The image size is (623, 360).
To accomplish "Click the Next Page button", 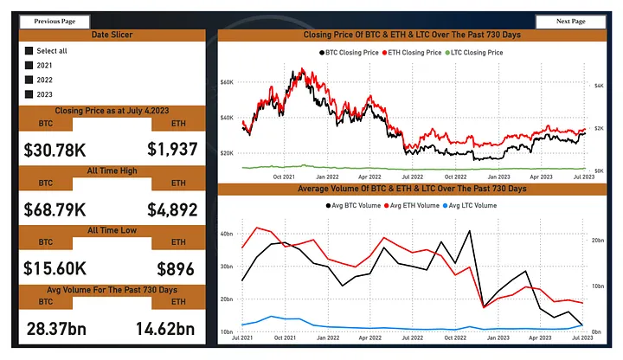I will [x=571, y=21].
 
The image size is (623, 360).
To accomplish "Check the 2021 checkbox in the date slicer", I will [x=29, y=65].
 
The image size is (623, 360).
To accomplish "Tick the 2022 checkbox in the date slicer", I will [x=29, y=80].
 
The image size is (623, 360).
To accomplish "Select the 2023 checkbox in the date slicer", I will [x=29, y=94].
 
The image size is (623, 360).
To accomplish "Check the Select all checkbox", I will [x=29, y=51].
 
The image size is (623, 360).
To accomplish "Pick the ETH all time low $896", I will [x=176, y=268].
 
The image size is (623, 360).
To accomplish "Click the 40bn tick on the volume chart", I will [x=228, y=234].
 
